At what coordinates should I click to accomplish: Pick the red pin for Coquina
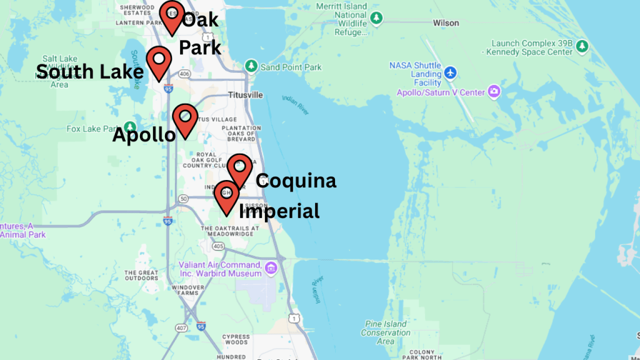[239, 167]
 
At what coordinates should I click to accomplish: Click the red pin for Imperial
[226, 195]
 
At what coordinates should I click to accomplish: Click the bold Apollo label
[144, 134]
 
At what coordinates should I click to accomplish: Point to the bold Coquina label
[296, 181]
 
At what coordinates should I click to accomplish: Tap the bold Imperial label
[279, 211]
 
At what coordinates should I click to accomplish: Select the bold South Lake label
[90, 71]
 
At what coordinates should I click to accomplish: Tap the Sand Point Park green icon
[251, 66]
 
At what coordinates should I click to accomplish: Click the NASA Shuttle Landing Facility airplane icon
[450, 74]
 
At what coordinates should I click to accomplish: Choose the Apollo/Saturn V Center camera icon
[494, 92]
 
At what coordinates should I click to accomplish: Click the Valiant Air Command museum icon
[271, 269]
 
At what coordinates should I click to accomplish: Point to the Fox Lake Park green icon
[129, 128]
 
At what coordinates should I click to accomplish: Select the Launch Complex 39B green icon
[582, 47]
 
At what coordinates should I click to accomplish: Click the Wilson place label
[446, 23]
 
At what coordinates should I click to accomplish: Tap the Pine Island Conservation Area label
[386, 332]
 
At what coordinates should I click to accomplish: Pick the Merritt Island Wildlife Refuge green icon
[376, 17]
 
